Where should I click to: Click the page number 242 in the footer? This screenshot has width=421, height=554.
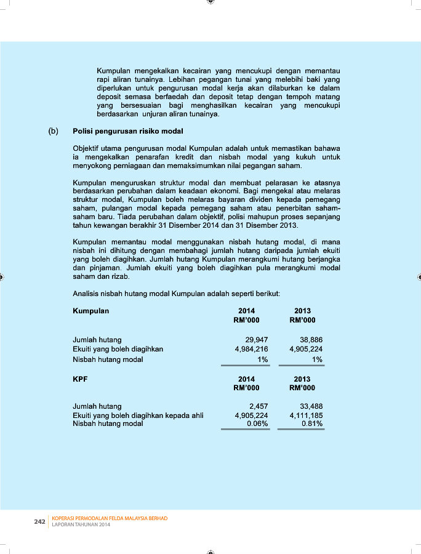tap(39, 521)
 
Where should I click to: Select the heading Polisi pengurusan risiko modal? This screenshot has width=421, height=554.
tap(128, 131)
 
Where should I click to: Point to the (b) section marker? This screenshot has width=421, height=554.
tap(54, 131)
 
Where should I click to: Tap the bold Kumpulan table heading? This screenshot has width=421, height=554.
tap(91, 311)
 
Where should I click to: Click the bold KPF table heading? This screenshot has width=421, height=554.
tap(80, 379)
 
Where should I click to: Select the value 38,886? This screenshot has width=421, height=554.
tap(311, 340)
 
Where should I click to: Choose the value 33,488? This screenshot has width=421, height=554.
tap(311, 406)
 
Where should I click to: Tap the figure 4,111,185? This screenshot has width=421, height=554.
tap(306, 415)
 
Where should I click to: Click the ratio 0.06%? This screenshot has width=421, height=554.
tap(258, 424)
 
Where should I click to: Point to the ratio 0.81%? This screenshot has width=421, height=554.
tap(312, 424)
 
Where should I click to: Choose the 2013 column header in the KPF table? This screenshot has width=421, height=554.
tap(302, 379)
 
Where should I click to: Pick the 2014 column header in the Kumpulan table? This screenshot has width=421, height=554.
tap(246, 311)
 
